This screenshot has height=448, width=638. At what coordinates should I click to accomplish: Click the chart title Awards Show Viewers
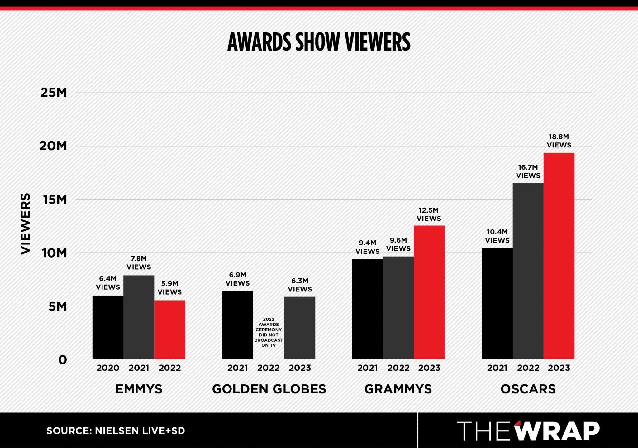click(319, 42)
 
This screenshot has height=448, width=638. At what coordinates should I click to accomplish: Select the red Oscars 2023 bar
click(559, 256)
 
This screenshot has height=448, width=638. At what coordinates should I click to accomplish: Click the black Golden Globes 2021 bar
click(237, 325)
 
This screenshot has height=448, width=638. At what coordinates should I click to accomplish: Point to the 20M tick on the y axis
click(53, 146)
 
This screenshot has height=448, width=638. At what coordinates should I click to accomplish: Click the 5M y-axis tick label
click(58, 306)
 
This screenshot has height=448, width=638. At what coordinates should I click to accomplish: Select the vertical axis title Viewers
click(26, 224)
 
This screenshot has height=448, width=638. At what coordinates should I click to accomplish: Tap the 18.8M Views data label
click(559, 141)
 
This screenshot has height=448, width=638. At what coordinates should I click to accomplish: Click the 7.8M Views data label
click(139, 263)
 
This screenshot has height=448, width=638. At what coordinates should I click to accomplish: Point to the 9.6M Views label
click(398, 244)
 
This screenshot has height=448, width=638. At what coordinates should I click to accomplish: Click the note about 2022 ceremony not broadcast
click(269, 332)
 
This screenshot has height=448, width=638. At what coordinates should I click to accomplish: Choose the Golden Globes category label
click(269, 389)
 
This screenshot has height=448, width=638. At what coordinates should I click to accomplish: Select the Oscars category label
click(528, 389)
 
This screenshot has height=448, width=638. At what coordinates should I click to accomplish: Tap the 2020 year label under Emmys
click(108, 368)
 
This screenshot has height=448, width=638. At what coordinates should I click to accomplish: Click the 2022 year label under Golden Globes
click(269, 368)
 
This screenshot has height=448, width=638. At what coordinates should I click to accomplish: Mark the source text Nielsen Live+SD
click(116, 431)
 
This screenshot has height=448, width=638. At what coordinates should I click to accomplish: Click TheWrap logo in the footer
click(528, 431)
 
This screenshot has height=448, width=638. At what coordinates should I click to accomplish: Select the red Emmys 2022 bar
click(169, 330)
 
